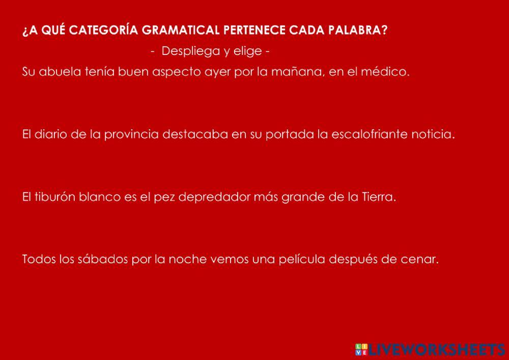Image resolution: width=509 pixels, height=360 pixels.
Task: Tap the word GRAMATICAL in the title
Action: [181, 30]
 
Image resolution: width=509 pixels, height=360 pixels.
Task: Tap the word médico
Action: [385, 72]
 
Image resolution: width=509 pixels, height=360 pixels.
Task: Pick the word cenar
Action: [422, 259]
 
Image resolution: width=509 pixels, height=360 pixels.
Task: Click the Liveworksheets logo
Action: [430, 349]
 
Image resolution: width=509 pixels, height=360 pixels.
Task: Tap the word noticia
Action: [432, 135]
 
